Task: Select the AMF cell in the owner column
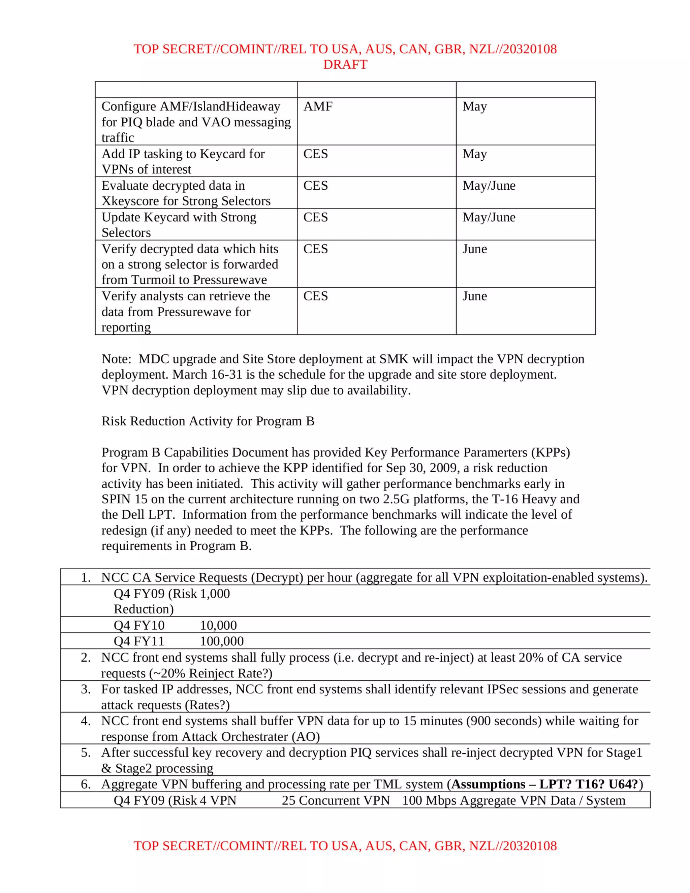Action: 318,106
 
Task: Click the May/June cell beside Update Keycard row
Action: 489,217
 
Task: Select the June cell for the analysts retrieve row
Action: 474,296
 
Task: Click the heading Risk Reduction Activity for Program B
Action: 208,421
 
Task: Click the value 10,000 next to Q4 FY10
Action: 218,626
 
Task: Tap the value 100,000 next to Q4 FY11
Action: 221,641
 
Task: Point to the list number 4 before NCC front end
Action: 86,721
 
